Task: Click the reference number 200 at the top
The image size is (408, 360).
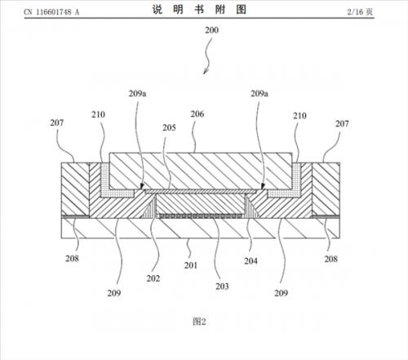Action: pos(211,30)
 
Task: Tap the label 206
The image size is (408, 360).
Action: pos(197,114)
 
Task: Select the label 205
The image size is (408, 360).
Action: pos(169,127)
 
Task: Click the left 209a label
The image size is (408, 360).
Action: pos(137,94)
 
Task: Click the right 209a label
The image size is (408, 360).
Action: pos(259,94)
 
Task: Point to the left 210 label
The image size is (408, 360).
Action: pos(98,114)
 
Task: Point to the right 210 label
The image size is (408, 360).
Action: pos(299,116)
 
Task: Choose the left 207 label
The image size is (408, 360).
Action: pos(57,123)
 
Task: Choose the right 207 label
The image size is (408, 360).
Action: pos(342,124)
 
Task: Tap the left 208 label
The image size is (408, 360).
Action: pos(72,259)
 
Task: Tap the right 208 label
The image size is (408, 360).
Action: pos(330,259)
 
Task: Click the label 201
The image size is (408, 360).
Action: pos(191,265)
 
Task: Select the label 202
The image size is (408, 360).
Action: pos(153,278)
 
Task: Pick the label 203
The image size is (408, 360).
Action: pos(222,287)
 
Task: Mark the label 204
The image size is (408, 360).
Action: pos(251,261)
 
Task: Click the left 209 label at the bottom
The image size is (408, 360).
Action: pos(114,293)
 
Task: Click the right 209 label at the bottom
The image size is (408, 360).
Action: pos(281,293)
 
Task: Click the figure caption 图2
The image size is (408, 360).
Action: pos(199,322)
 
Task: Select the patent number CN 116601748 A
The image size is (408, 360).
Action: pos(51,12)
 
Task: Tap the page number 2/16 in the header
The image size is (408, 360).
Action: pos(355,12)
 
